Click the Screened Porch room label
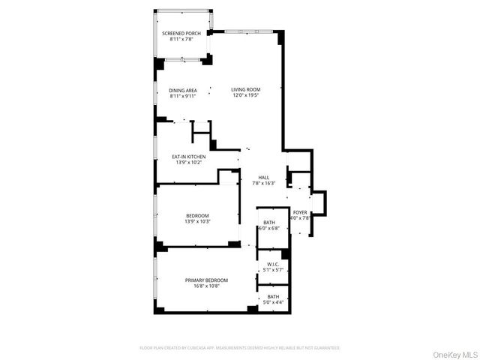pyautogui.click(x=182, y=34)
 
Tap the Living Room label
pyautogui.click(x=245, y=89)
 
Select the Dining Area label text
pyautogui.click(x=182, y=90)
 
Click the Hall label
pyautogui.click(x=263, y=177)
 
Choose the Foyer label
pyautogui.click(x=300, y=212)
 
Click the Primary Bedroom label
pyautogui.click(x=206, y=280)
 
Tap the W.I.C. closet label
pyautogui.click(x=272, y=264)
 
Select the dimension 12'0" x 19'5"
pyautogui.click(x=245, y=95)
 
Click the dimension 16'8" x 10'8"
pyautogui.click(x=206, y=286)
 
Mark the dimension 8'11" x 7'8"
pyautogui.click(x=182, y=40)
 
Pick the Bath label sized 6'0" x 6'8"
pyautogui.click(x=270, y=223)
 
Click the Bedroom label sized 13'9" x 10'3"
pyautogui.click(x=197, y=215)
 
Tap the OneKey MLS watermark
pyautogui.click(x=452, y=353)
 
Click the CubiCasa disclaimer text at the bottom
pyautogui.click(x=240, y=348)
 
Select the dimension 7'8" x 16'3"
pyautogui.click(x=263, y=183)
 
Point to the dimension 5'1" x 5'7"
pyautogui.click(x=272, y=270)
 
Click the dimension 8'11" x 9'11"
pyautogui.click(x=182, y=96)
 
